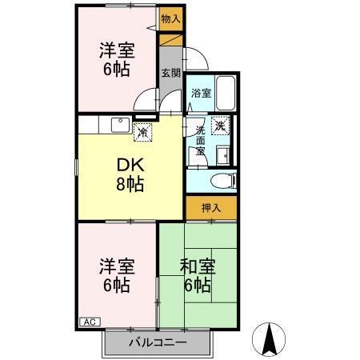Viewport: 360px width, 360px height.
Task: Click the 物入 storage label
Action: point(170,18)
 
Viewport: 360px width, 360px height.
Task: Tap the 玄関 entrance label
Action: point(170,73)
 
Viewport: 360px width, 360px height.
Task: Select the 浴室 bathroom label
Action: point(201,93)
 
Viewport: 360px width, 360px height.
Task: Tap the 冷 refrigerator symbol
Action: point(142,131)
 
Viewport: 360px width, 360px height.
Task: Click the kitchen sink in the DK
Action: point(121,124)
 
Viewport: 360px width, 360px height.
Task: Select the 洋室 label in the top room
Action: point(115,50)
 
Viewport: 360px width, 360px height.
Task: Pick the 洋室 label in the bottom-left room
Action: point(116,266)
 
